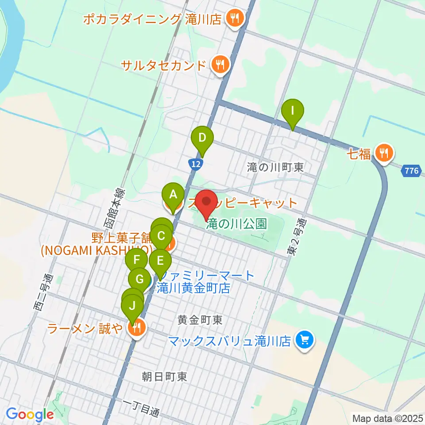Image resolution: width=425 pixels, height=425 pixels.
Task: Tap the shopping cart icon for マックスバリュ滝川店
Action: [305, 341]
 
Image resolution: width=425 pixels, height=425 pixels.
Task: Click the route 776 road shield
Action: [411, 170]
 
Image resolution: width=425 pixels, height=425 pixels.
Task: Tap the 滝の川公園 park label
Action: [236, 224]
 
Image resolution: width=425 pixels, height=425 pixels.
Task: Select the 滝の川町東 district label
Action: [275, 167]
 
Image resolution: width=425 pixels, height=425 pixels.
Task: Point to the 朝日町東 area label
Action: [164, 377]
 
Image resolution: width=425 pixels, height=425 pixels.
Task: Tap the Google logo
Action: [30, 414]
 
